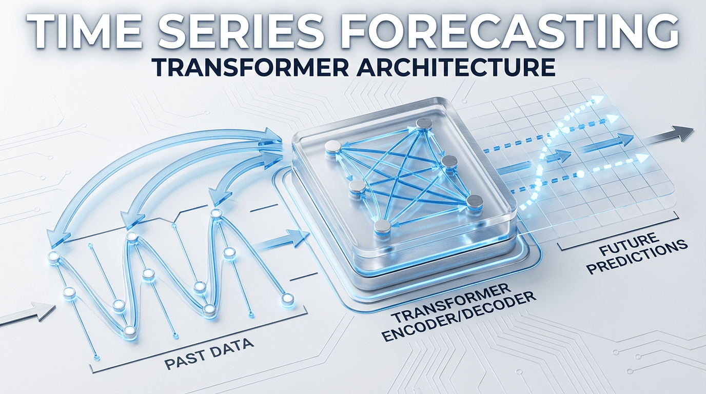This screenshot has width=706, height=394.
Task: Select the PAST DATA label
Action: [209, 350]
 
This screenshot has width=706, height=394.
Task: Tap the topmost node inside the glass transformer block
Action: [424, 123]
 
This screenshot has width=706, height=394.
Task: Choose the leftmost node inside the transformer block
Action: [334, 147]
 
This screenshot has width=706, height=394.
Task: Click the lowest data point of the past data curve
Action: [130, 331]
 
